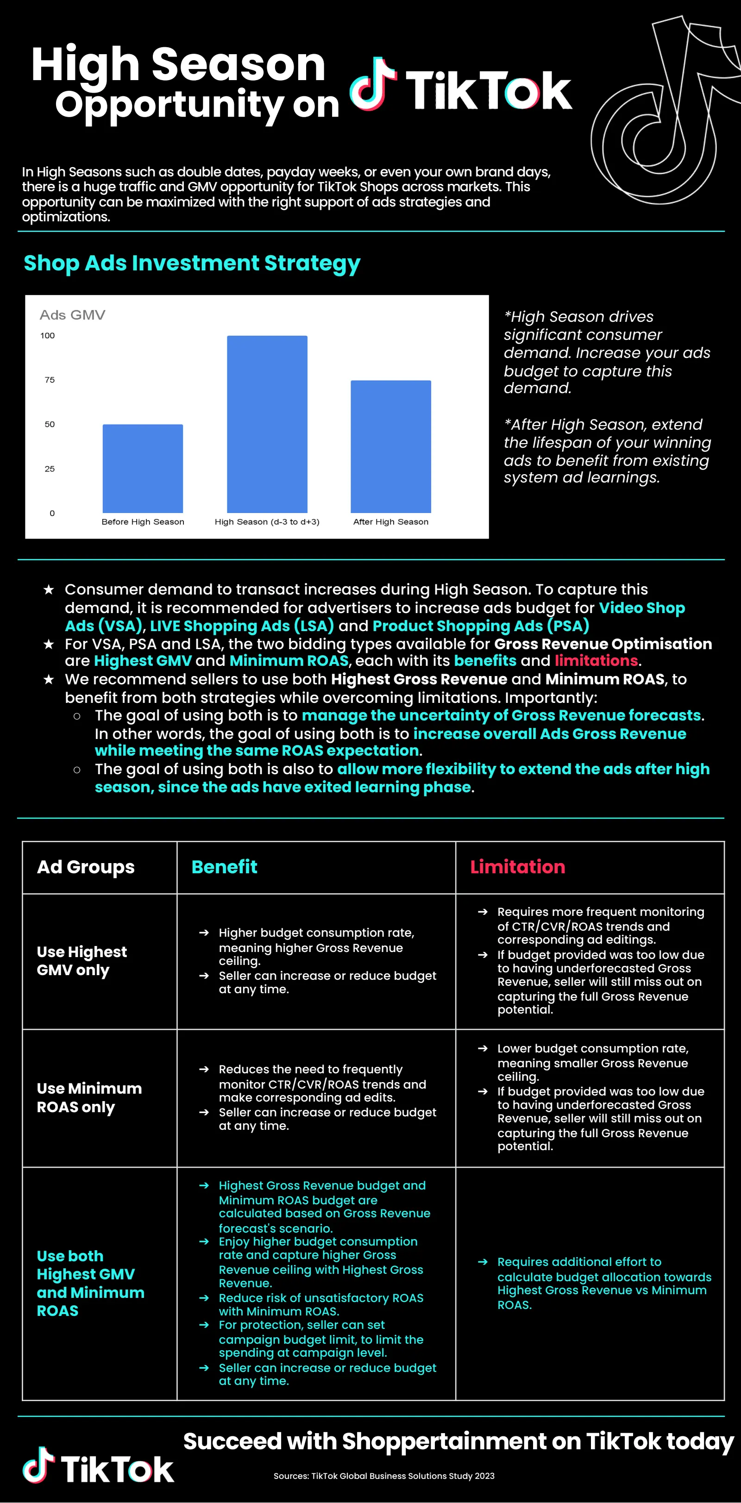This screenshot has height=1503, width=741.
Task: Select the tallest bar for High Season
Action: coord(267,424)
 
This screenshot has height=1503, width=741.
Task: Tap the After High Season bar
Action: coord(390,446)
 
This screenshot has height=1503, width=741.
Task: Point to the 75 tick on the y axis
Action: coord(50,380)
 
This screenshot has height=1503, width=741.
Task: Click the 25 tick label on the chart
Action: coord(50,469)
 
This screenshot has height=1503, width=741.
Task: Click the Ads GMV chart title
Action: coord(72,315)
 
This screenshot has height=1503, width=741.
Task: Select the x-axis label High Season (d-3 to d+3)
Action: coord(267,522)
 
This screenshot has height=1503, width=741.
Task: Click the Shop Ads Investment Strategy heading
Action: coord(191,263)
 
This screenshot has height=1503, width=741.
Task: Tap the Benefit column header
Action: coord(224,866)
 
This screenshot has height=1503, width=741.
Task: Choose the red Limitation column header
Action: coord(517,866)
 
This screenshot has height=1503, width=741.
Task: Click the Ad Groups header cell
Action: coord(86,867)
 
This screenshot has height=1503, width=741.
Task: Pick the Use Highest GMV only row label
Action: coord(82,960)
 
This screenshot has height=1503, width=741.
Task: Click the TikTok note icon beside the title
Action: coord(372,85)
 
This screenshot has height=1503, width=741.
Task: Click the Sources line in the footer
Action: coord(384,1476)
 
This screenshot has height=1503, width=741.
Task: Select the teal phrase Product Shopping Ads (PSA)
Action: coord(481,626)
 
